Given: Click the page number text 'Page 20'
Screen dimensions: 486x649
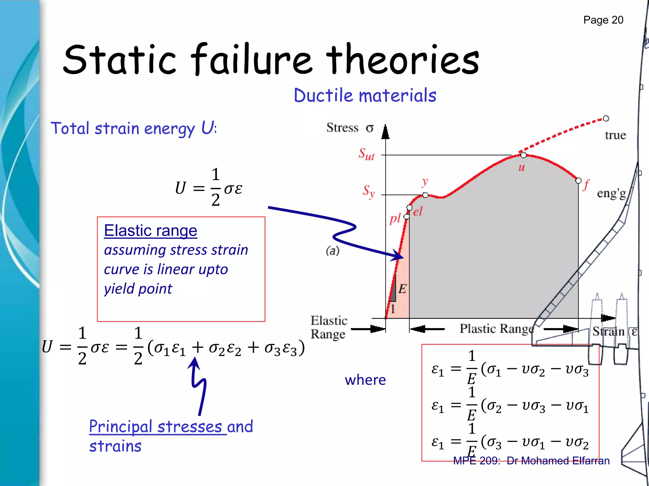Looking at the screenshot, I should click(x=603, y=20).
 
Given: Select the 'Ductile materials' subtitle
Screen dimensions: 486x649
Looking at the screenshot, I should click(x=365, y=95).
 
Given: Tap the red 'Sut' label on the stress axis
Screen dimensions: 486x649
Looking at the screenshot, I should click(x=366, y=154).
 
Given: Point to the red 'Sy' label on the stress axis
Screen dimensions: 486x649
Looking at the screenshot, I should click(x=369, y=191).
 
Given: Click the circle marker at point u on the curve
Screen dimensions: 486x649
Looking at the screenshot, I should click(x=523, y=155).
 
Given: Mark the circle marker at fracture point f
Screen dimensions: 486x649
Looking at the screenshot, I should click(x=578, y=181).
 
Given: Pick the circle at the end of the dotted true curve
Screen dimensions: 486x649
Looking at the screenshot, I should click(x=606, y=119).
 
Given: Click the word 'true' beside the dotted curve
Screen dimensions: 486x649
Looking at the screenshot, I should click(x=615, y=135).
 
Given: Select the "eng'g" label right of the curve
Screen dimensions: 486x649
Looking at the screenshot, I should click(x=611, y=194).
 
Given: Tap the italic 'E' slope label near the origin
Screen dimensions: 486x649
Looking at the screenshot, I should click(x=402, y=289).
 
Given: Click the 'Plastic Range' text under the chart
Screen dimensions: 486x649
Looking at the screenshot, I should click(x=497, y=329).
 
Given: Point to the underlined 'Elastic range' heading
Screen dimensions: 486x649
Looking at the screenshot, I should click(x=151, y=231).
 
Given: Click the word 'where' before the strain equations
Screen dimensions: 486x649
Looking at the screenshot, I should click(x=365, y=380).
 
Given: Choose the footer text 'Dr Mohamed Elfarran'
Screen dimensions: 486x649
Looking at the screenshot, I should click(x=558, y=461).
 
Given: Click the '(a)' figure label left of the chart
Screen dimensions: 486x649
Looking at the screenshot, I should click(x=332, y=251).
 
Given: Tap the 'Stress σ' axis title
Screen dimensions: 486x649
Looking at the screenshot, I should click(x=350, y=128).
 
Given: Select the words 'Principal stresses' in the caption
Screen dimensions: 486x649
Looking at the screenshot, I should click(x=155, y=427).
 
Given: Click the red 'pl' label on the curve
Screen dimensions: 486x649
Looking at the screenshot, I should click(x=395, y=218).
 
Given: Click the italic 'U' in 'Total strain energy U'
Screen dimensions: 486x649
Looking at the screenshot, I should click(x=208, y=128).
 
